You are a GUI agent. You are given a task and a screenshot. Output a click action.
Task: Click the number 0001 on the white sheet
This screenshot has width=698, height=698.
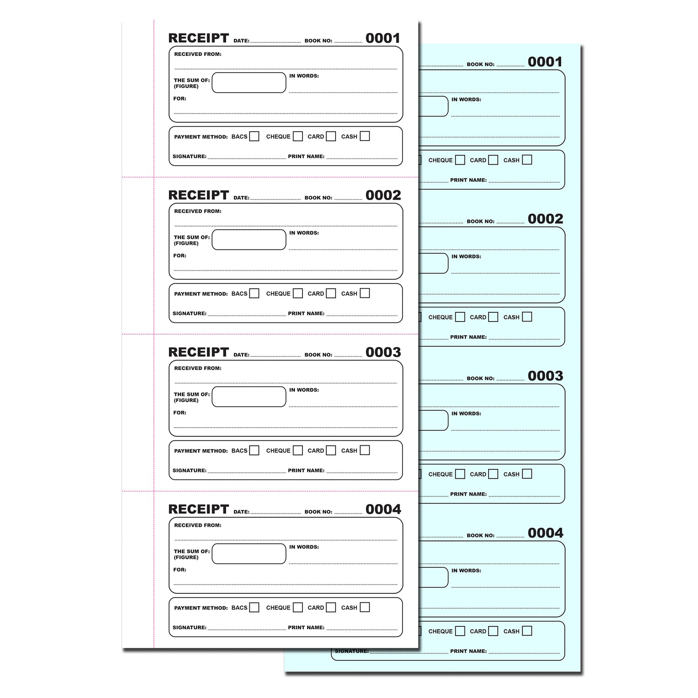383,38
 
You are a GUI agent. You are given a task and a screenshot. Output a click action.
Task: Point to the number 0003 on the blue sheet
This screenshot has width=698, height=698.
545,376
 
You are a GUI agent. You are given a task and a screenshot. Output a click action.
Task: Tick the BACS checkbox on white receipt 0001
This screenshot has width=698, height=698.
254,136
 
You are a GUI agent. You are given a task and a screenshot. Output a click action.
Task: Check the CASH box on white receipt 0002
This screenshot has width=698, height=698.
365,293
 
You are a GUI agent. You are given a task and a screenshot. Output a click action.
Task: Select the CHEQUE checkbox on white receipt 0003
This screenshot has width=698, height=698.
298,450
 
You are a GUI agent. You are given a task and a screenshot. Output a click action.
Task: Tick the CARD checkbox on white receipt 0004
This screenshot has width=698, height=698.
331,607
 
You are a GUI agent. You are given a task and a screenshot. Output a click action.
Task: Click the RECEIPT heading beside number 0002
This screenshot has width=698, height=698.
199,195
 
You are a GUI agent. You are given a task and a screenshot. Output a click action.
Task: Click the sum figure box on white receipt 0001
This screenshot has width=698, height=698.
249,83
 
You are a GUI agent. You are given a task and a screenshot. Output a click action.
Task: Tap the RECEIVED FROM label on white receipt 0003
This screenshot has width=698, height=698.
198,368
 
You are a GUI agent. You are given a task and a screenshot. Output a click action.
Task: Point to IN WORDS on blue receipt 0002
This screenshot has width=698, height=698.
466,256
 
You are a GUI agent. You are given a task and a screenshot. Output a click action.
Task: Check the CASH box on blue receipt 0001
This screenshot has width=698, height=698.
527,160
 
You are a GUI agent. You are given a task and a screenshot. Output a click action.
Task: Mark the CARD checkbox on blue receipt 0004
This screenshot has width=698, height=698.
493,631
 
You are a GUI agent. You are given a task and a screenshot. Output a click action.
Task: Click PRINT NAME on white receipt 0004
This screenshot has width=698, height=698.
306,627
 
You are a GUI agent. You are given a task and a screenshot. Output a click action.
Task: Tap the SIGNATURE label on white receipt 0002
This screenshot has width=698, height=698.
189,313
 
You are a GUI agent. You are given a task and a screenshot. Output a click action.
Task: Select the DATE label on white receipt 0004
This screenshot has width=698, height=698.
242,512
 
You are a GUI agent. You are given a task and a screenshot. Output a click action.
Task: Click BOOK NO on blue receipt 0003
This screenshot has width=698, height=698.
481,378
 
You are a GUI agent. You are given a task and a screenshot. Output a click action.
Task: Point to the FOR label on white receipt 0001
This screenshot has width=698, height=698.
180,99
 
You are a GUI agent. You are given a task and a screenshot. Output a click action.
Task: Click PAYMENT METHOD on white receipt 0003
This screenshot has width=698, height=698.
201,451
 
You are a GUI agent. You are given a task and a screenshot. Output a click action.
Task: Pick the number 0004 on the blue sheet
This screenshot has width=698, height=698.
545,533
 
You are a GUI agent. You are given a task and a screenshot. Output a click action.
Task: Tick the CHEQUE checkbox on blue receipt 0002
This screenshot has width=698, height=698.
460,317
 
